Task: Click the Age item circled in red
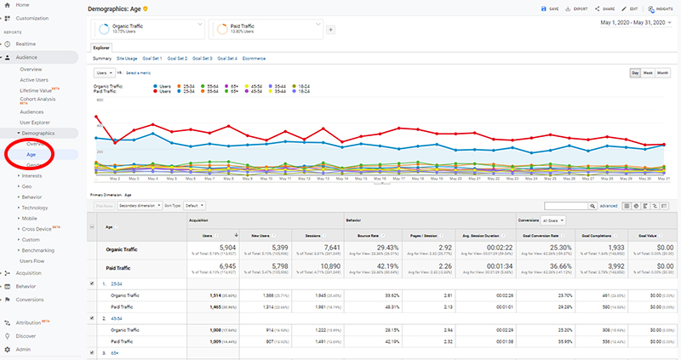point(31,155)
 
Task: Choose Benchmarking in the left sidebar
point(38,250)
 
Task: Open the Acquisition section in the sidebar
point(30,273)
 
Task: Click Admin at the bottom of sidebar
point(24,349)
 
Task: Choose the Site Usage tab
point(126,59)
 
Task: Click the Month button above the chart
point(662,73)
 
